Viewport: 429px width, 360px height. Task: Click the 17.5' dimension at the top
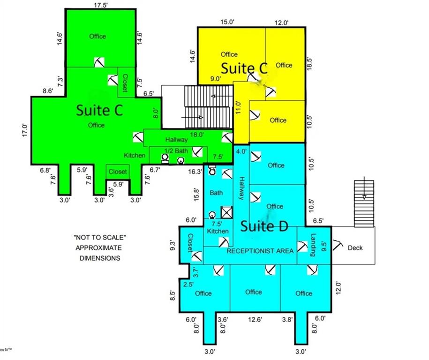tap(100, 5)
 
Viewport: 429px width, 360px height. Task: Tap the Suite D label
tap(264, 226)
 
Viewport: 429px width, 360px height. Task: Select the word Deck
tap(355, 248)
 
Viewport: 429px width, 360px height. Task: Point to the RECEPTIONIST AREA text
tap(260, 251)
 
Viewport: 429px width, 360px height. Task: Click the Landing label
tap(314, 245)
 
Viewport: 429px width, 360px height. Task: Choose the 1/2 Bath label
tap(176, 151)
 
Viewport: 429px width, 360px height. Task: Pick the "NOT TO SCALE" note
tap(100, 238)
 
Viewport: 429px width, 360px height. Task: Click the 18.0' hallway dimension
tap(197, 135)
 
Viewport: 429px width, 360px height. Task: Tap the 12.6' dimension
tap(255, 319)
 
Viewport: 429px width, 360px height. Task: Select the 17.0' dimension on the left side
tap(25, 130)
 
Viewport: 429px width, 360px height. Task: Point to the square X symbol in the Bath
tap(226, 212)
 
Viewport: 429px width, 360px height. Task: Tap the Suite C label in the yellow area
tap(244, 68)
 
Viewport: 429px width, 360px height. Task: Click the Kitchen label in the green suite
tap(135, 155)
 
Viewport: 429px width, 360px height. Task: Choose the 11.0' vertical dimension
tap(238, 107)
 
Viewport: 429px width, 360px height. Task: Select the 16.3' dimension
tap(195, 172)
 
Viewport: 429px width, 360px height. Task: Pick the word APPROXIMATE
tap(98, 248)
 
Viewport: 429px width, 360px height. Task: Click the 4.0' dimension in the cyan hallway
tap(241, 151)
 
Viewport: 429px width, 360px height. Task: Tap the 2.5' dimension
tap(188, 284)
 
